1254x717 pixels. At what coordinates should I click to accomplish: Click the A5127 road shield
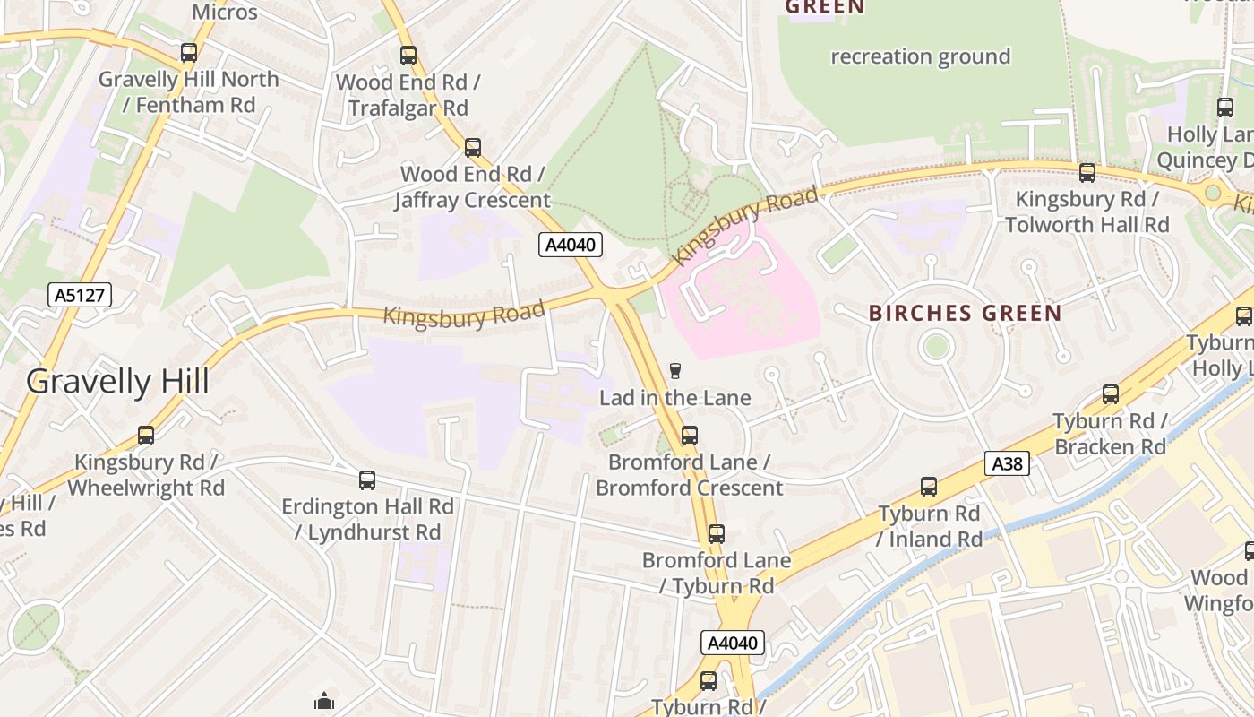pyautogui.click(x=80, y=295)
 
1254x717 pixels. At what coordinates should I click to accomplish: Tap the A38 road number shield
pyautogui.click(x=1007, y=463)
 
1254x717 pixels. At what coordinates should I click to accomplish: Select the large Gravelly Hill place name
pyautogui.click(x=117, y=382)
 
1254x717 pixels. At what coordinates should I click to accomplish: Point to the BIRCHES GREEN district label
pyautogui.click(x=965, y=314)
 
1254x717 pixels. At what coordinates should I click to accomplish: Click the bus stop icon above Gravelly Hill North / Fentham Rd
pyautogui.click(x=188, y=53)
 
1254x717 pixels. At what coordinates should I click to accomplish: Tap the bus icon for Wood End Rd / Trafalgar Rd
pyautogui.click(x=408, y=56)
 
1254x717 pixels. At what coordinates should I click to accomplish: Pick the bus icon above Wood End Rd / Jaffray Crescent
pyautogui.click(x=473, y=147)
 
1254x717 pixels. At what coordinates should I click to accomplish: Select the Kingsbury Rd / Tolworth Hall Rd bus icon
pyautogui.click(x=1087, y=173)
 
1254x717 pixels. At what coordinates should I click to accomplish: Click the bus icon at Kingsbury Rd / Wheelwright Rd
pyautogui.click(x=146, y=436)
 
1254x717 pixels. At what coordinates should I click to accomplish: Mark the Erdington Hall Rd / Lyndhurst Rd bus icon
pyautogui.click(x=367, y=479)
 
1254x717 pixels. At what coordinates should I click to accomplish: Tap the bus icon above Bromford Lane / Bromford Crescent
pyautogui.click(x=689, y=436)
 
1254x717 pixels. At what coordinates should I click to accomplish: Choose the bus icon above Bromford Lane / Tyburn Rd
pyautogui.click(x=716, y=534)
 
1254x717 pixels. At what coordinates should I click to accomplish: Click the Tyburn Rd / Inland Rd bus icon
pyautogui.click(x=929, y=487)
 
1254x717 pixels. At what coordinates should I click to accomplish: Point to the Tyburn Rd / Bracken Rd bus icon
pyautogui.click(x=1110, y=393)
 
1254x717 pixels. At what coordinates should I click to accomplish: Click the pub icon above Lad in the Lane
pyautogui.click(x=675, y=371)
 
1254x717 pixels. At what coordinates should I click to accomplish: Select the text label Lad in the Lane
pyautogui.click(x=674, y=397)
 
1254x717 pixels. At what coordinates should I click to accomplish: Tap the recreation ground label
pyautogui.click(x=920, y=56)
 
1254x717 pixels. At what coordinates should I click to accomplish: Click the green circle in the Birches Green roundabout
pyautogui.click(x=936, y=346)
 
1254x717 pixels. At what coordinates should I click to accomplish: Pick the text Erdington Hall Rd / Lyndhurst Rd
pyautogui.click(x=367, y=519)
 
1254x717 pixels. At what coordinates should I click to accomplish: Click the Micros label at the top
pyautogui.click(x=225, y=13)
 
